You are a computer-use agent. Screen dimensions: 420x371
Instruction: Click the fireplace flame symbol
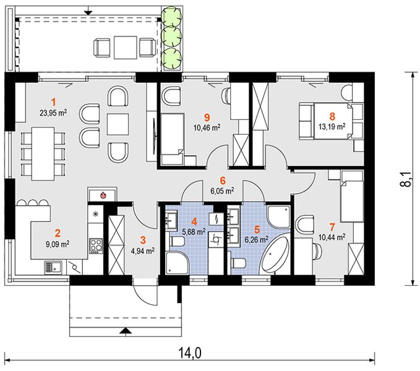(103, 195)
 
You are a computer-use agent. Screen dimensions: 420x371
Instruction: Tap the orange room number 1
(54, 102)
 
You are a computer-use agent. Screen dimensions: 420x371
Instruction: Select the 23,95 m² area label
(53, 113)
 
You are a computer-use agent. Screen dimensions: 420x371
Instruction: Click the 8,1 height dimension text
(407, 179)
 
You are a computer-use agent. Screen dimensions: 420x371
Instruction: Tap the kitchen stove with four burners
(96, 246)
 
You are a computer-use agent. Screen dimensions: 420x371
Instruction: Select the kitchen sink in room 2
(53, 268)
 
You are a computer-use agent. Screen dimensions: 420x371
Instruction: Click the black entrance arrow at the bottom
(126, 331)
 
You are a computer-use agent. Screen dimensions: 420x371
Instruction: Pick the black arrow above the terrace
(88, 12)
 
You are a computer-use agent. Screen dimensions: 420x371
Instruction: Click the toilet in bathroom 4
(176, 242)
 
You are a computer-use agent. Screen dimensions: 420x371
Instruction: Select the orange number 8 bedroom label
(332, 116)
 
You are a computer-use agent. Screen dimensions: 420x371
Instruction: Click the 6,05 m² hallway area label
(222, 190)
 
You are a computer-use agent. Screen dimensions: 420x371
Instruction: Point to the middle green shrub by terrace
(172, 36)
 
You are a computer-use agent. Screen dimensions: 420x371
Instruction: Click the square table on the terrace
(125, 48)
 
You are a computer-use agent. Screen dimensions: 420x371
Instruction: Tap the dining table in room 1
(43, 153)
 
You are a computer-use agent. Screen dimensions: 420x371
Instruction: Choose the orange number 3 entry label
(143, 240)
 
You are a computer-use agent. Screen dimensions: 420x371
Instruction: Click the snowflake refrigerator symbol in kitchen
(95, 213)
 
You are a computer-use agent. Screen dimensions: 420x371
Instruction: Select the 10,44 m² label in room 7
(332, 237)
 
